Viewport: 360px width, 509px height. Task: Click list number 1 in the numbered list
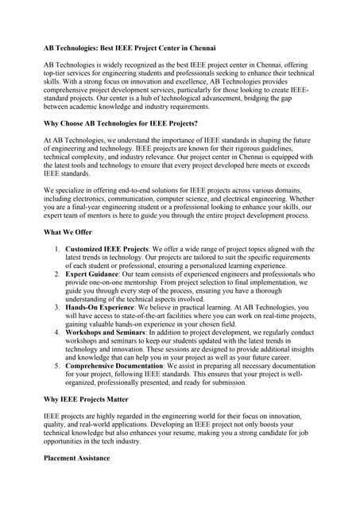point(57,249)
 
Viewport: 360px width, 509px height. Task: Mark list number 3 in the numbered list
point(57,306)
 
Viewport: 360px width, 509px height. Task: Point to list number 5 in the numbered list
point(57,365)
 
